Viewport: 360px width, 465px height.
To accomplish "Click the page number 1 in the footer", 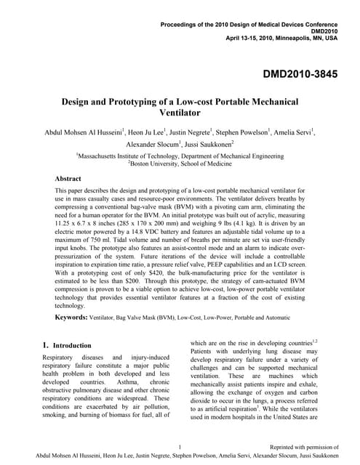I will [x=179, y=446].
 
